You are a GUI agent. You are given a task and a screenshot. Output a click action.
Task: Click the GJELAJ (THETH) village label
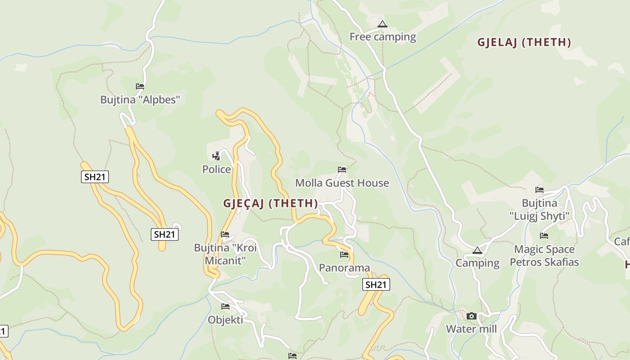point(524,43)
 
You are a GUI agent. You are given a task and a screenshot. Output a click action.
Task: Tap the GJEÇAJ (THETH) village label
point(270,203)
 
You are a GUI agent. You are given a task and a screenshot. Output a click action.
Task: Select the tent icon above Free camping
point(382,24)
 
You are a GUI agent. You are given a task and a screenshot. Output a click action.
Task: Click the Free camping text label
point(382,37)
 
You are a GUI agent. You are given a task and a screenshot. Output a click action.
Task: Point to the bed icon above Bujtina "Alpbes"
point(140,86)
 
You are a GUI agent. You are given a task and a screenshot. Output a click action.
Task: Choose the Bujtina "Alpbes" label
point(140,99)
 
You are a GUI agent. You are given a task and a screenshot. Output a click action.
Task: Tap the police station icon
point(216,156)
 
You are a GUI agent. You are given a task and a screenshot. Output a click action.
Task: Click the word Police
point(216,169)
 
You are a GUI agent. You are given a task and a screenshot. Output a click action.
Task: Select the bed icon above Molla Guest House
point(342,170)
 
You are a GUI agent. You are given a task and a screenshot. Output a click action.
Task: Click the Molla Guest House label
point(342,183)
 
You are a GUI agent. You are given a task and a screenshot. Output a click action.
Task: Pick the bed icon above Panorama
point(344,254)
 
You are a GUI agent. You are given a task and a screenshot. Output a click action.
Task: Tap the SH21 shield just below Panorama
point(376,284)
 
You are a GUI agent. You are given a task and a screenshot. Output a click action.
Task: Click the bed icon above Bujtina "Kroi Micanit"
point(225,234)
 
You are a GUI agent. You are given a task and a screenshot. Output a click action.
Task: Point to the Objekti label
point(225,320)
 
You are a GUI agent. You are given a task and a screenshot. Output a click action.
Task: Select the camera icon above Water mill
point(471,316)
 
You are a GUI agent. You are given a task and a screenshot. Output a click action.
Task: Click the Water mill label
point(471,329)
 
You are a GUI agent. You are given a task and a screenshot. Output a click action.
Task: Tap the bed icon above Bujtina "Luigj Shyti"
point(540,189)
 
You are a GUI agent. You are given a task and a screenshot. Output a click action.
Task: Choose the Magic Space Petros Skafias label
point(544,256)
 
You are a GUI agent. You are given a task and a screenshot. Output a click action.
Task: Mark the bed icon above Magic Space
point(544,235)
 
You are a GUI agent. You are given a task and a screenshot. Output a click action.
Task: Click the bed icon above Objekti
point(225,306)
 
